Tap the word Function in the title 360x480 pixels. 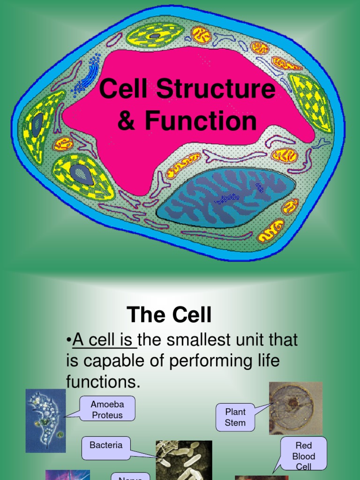coord(201,120)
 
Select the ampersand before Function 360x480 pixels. coord(126,121)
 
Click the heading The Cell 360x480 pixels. coord(169,315)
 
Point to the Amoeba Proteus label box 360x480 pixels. coord(107,409)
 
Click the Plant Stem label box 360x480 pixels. coord(235,417)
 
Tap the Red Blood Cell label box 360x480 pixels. coord(303,454)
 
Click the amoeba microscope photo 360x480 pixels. coord(45,420)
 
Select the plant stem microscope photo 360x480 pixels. coord(295,408)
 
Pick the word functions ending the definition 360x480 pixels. coord(103,382)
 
